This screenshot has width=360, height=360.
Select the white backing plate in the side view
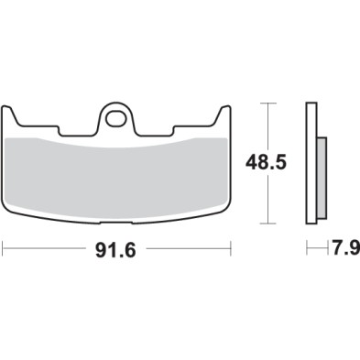(x=311, y=165)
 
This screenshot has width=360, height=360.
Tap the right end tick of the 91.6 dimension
(x=230, y=247)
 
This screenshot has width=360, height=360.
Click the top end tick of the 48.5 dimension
(x=267, y=104)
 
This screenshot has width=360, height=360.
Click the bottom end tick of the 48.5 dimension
(x=267, y=224)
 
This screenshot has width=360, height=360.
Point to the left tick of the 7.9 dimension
(x=306, y=247)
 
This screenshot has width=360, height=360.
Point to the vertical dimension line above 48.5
(x=267, y=128)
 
